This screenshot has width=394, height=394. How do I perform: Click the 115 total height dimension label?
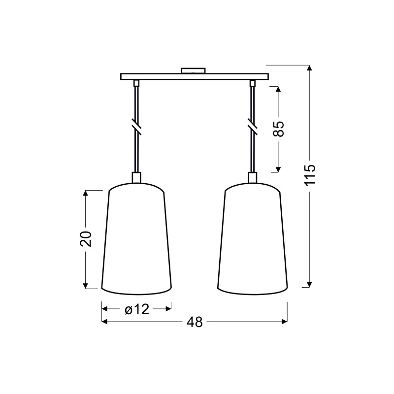310,175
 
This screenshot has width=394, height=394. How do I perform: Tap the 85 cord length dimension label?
278,129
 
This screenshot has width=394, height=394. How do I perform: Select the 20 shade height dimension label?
86,238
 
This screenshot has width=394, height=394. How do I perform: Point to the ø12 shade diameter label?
137,309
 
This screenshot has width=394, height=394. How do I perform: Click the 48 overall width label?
195,322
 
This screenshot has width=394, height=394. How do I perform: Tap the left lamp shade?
136,239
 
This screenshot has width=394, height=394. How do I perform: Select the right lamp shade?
253,239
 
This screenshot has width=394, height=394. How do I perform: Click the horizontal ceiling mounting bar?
195,77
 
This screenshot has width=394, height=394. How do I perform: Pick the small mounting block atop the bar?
193,70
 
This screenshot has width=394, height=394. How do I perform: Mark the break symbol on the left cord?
136,127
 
